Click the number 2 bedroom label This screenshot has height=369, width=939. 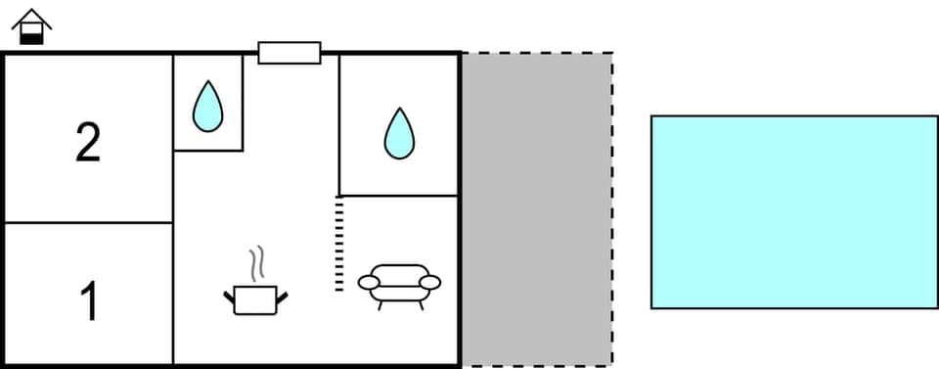coord(88,144)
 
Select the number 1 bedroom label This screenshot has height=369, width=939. coord(88,301)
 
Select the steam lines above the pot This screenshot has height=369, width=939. coord(257,262)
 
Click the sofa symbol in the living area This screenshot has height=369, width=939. coord(399,284)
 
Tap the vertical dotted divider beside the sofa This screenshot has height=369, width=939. coord(339,243)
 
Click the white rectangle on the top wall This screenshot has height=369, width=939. coord(290,52)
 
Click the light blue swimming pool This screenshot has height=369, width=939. coord(794,211)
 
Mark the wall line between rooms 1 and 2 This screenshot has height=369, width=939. coord(88,223)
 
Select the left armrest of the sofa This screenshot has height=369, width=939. coord(369,283)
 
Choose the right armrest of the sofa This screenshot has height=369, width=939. coord(430,283)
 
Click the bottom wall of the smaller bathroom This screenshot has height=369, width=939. coord(207,151)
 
